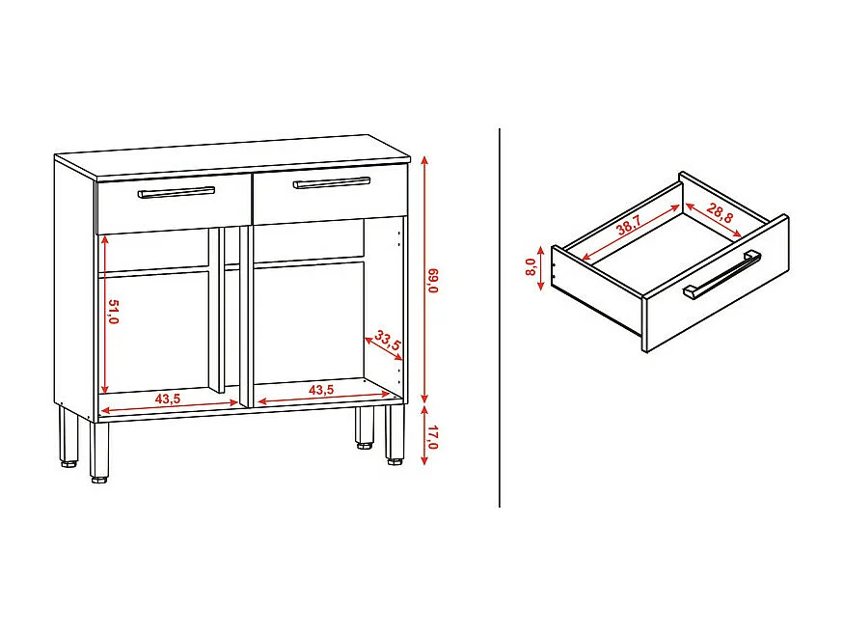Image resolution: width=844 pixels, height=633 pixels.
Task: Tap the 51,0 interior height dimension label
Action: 113,313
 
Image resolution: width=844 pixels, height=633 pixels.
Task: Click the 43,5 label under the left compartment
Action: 168,399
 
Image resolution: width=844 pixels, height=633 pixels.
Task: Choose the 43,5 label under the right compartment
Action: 321,389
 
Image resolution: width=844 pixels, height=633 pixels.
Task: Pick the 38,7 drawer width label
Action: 629,228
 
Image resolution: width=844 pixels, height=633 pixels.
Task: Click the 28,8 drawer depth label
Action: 720,214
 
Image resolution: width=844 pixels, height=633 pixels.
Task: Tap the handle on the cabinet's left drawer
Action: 176,192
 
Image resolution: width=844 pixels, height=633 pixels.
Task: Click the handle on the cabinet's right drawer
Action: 332,181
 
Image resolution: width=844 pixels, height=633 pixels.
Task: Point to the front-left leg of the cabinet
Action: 99,452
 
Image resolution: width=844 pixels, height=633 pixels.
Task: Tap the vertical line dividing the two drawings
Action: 500,318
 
